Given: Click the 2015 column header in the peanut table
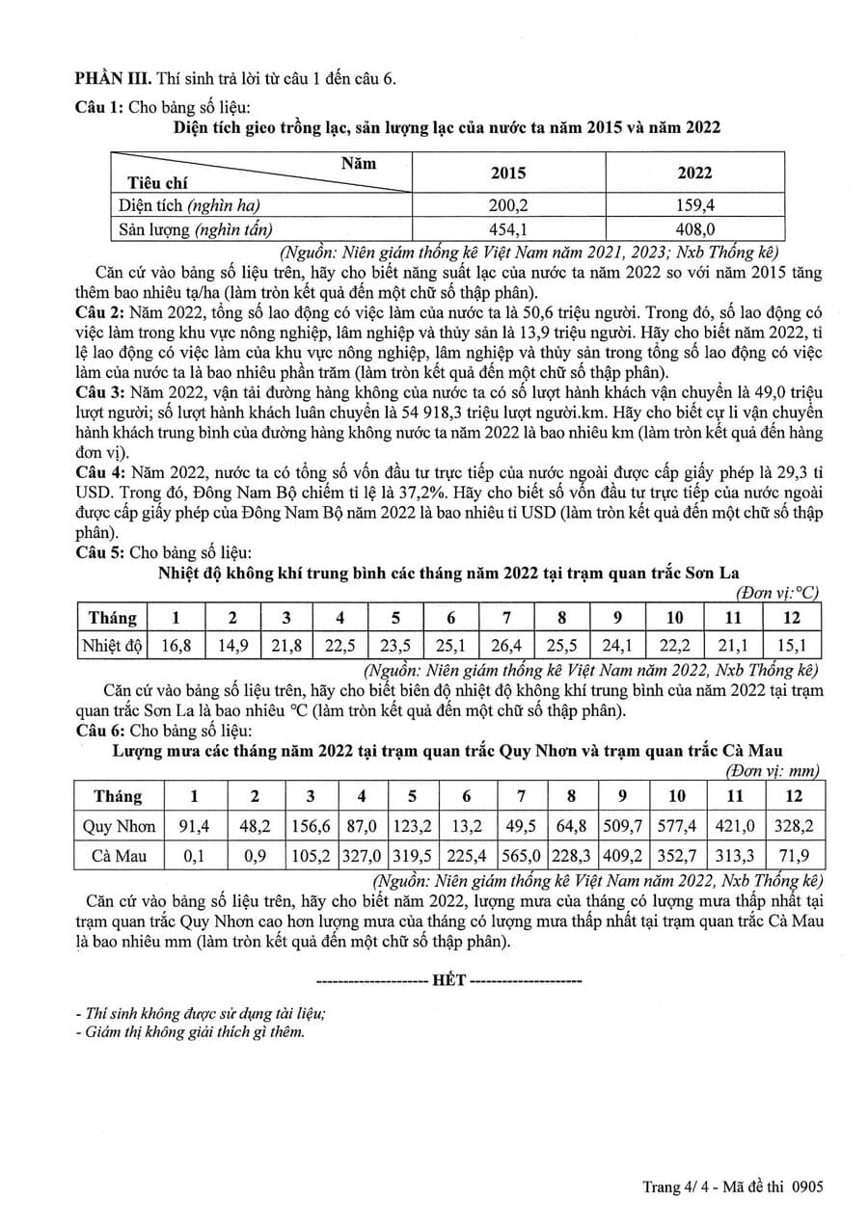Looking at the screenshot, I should click(x=508, y=173).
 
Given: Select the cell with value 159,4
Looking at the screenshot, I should click(x=694, y=205).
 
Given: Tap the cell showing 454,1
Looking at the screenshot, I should click(x=508, y=228).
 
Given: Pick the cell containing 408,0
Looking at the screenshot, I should click(x=694, y=228).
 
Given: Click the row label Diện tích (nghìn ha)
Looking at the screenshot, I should click(x=190, y=205).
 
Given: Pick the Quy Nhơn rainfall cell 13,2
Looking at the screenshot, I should click(x=467, y=826).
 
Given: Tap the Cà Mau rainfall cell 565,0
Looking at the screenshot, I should click(x=521, y=855).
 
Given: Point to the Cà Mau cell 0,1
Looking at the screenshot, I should click(x=196, y=855).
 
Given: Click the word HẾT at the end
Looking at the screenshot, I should click(x=449, y=980).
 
